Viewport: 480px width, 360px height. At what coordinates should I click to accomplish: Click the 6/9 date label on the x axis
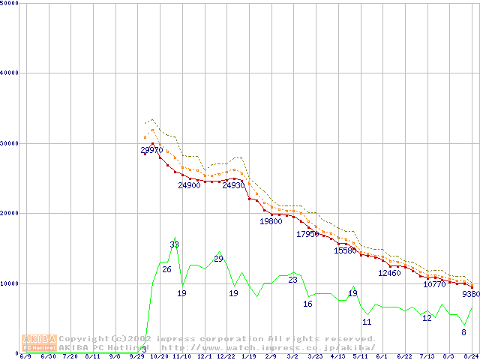click(25, 356)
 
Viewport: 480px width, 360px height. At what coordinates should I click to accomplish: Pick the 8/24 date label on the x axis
click(472, 356)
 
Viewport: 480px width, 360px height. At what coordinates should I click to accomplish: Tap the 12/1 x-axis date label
click(204, 356)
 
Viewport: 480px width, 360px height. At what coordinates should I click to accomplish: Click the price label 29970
click(152, 150)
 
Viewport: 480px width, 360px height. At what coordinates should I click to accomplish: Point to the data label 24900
click(189, 185)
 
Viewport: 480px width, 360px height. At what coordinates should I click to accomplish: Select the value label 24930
click(233, 185)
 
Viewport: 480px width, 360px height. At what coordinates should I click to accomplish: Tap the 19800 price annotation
click(271, 222)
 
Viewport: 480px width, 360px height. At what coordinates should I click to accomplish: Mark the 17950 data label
click(307, 234)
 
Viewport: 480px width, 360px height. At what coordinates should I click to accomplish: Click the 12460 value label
click(389, 273)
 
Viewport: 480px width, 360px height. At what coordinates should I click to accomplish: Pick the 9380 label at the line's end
click(472, 295)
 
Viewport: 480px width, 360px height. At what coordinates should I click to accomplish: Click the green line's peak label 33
click(174, 244)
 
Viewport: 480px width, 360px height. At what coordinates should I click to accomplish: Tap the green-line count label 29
click(218, 259)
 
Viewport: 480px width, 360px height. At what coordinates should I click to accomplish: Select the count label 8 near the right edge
click(463, 332)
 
